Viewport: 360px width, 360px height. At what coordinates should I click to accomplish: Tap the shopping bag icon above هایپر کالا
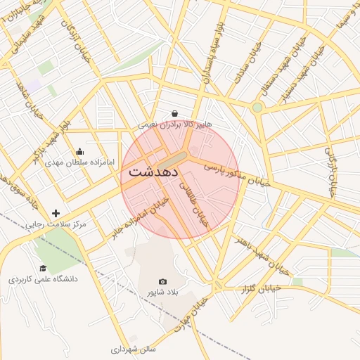tap(174, 113)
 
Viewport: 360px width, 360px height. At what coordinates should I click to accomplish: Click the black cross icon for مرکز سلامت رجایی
tap(56, 213)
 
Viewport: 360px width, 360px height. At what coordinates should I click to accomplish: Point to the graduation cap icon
tap(43, 268)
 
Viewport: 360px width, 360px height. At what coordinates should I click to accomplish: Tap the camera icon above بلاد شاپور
tap(163, 281)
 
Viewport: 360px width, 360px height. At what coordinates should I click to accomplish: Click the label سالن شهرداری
tap(133, 348)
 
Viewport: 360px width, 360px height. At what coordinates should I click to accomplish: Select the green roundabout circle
tap(257, 108)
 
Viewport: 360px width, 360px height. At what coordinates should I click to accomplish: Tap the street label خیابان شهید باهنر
tap(262, 255)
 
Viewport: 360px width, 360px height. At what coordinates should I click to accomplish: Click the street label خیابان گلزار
tap(261, 288)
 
